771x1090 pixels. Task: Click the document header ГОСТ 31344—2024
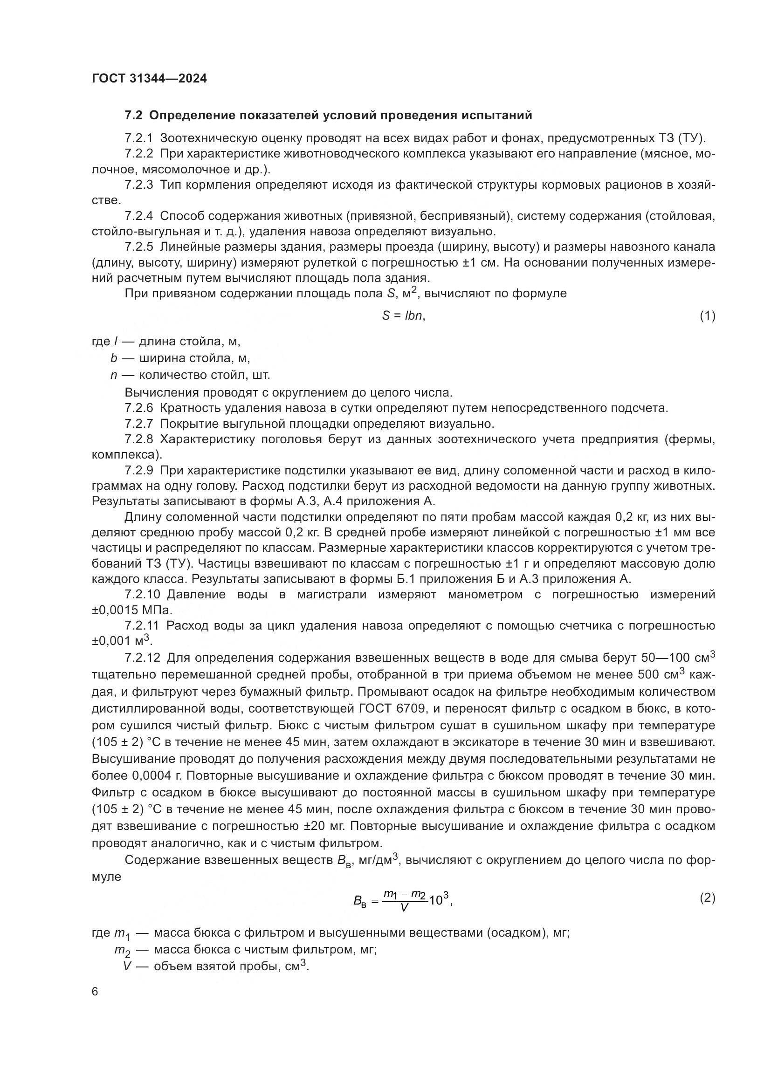coord(149,79)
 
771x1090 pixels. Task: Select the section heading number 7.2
coord(133,116)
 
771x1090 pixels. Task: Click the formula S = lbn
coord(403,315)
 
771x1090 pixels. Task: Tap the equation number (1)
coord(708,315)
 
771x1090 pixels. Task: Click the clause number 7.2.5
coord(138,247)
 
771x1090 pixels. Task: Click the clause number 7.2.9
coord(138,471)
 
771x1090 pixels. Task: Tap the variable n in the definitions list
coord(113,376)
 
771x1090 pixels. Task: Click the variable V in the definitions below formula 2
coord(127,966)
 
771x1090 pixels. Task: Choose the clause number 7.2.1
coord(138,138)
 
